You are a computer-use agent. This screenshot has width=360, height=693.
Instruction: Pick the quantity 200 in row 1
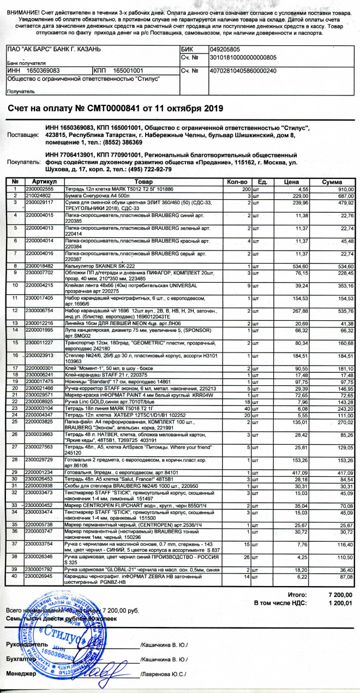pos(247,188)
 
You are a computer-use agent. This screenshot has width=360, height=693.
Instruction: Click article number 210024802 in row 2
pos(38,195)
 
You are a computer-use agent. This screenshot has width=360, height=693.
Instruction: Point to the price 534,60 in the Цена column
pos(297,266)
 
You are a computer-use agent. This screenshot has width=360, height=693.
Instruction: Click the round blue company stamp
pos(60,643)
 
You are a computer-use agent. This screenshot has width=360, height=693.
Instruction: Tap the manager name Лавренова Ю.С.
pos(164,674)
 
